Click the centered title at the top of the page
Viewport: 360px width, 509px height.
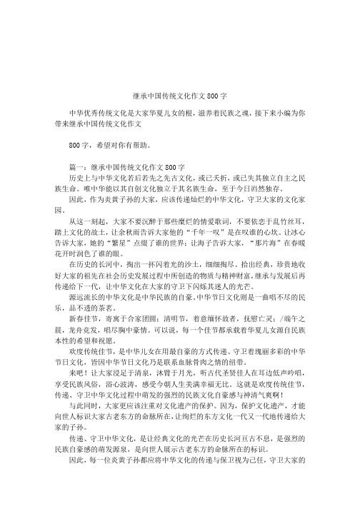180,94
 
